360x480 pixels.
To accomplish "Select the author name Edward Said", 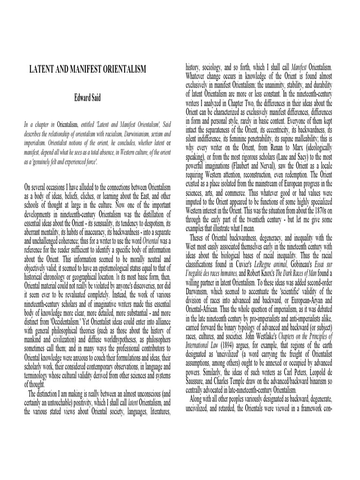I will click(x=88, y=99).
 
